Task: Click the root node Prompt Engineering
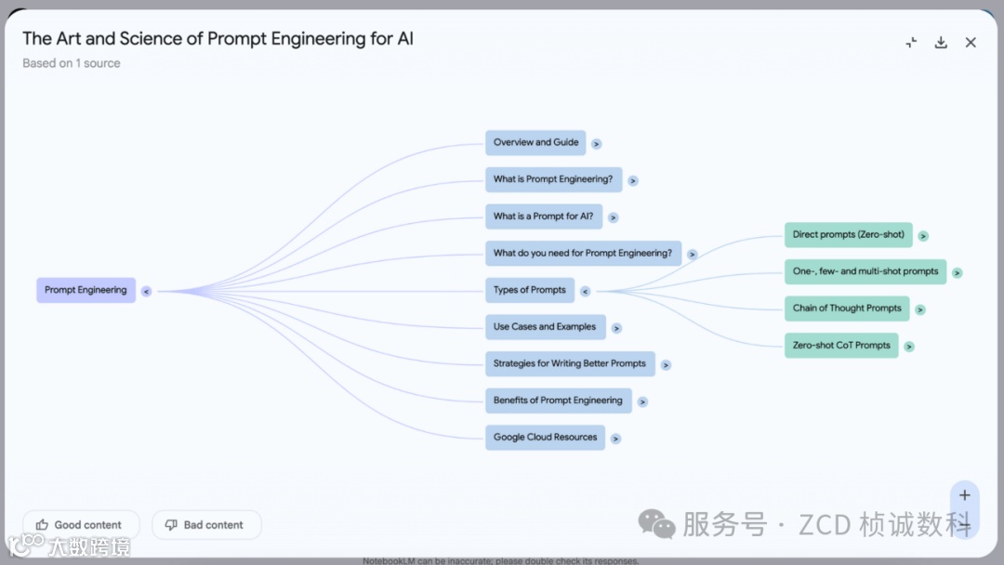click(86, 290)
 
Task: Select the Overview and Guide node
click(535, 142)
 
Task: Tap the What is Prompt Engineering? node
click(552, 179)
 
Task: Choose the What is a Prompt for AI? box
click(543, 217)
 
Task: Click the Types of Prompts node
click(529, 290)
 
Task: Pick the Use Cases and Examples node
click(545, 327)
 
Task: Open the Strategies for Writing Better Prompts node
click(569, 363)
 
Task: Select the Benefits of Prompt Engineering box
click(558, 401)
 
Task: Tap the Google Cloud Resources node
click(545, 438)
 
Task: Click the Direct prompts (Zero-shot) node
click(848, 235)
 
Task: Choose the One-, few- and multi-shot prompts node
click(865, 271)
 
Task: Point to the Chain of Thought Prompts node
click(847, 309)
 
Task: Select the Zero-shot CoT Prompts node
click(841, 346)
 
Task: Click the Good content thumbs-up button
click(81, 525)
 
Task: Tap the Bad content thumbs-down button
click(206, 525)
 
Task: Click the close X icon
click(971, 43)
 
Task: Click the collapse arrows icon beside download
click(911, 43)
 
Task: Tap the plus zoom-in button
click(964, 495)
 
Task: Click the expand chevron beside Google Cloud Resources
click(615, 439)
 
